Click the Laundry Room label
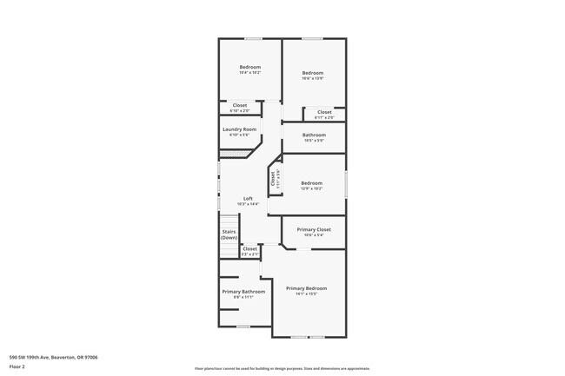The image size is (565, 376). click(239, 129)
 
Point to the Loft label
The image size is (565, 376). click(248, 199)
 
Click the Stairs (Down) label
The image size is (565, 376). click(229, 234)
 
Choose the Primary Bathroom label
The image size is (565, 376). click(243, 292)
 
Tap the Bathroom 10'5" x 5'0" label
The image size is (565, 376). click(314, 135)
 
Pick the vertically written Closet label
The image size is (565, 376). click(273, 180)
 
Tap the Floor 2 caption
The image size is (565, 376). click(18, 366)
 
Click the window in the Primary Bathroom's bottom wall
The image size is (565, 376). click(244, 327)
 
